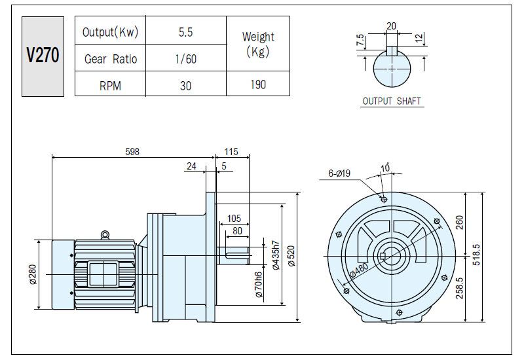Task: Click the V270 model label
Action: [x=43, y=56]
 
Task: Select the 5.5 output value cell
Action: [x=185, y=32]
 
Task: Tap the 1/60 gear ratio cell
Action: [x=186, y=59]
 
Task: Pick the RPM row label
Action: [x=110, y=86]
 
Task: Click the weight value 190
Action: [x=258, y=84]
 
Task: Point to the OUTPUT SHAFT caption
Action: [x=392, y=101]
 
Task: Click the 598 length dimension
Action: [x=132, y=152]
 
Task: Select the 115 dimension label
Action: [x=231, y=152]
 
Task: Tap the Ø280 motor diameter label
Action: [x=33, y=274]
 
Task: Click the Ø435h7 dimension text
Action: [x=276, y=255]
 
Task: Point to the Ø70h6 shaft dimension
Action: [x=258, y=285]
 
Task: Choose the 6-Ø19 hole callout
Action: [x=339, y=173]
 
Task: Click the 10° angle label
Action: [x=385, y=168]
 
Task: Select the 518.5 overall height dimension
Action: [x=477, y=255]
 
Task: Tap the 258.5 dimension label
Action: [x=460, y=288]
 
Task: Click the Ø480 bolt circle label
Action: [x=360, y=270]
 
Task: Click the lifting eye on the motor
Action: [x=105, y=235]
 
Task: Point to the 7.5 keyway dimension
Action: [x=360, y=40]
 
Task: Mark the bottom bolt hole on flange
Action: [x=399, y=313]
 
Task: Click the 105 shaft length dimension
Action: [x=234, y=219]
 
